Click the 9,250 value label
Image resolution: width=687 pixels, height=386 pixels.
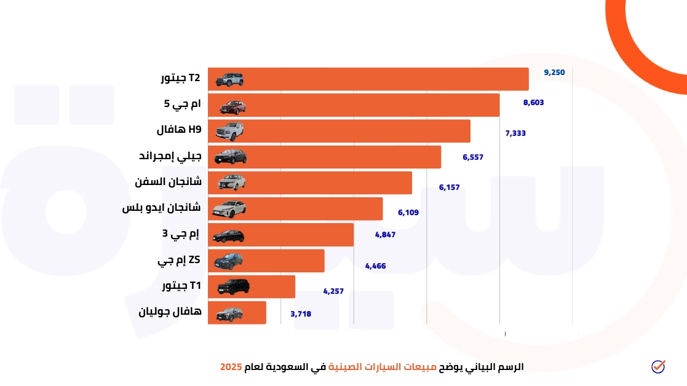tap(554, 73)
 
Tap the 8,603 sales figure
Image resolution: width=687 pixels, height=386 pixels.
tap(533, 103)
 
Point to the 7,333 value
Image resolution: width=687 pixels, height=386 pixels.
tap(515, 133)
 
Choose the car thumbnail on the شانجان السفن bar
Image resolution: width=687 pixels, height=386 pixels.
tap(230, 183)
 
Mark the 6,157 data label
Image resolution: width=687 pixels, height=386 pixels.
tap(449, 187)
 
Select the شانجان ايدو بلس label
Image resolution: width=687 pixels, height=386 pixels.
tap(161, 208)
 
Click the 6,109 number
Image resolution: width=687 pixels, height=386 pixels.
tap(408, 213)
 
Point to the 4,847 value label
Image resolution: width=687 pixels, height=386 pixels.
tap(385, 235)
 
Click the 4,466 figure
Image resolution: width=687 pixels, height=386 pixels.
tap(375, 266)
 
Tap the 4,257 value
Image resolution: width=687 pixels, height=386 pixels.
tap(333, 291)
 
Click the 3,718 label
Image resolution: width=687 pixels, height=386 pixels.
tap(301, 314)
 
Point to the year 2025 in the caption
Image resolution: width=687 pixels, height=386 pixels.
tap(231, 367)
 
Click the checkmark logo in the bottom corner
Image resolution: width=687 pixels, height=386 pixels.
tap(658, 366)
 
